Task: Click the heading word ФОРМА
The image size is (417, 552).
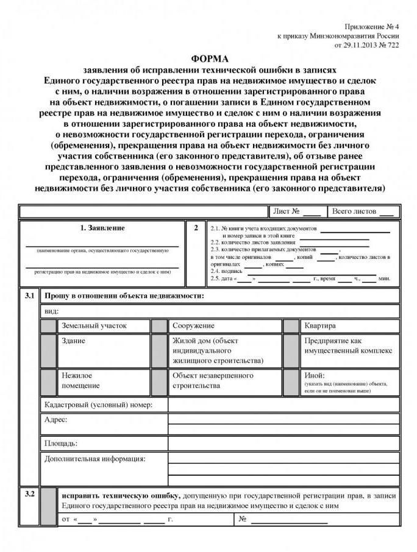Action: pyautogui.click(x=209, y=59)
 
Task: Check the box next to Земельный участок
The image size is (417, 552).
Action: pyautogui.click(x=49, y=326)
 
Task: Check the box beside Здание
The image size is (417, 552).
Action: pyautogui.click(x=49, y=350)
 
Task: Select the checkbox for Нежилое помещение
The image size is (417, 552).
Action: pyautogui.click(x=49, y=381)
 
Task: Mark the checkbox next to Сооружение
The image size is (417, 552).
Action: pyautogui.click(x=160, y=326)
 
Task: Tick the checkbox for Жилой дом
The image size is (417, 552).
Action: pyautogui.click(x=160, y=350)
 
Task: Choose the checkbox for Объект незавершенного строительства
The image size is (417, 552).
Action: pyautogui.click(x=160, y=381)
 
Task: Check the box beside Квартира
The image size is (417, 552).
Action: pyautogui.click(x=291, y=326)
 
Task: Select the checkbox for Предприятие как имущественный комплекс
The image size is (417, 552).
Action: pyautogui.click(x=291, y=350)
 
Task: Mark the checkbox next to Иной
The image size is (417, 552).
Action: pyautogui.click(x=291, y=381)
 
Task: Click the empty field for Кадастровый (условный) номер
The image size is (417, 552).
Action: pyautogui.click(x=283, y=405)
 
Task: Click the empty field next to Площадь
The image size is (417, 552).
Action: pyautogui.click(x=283, y=443)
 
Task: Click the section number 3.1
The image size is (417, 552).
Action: pyautogui.click(x=29, y=295)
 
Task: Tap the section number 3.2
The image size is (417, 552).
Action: pyautogui.click(x=29, y=494)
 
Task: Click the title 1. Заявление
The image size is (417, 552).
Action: pyautogui.click(x=102, y=228)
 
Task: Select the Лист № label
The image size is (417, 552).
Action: pyautogui.click(x=286, y=211)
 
